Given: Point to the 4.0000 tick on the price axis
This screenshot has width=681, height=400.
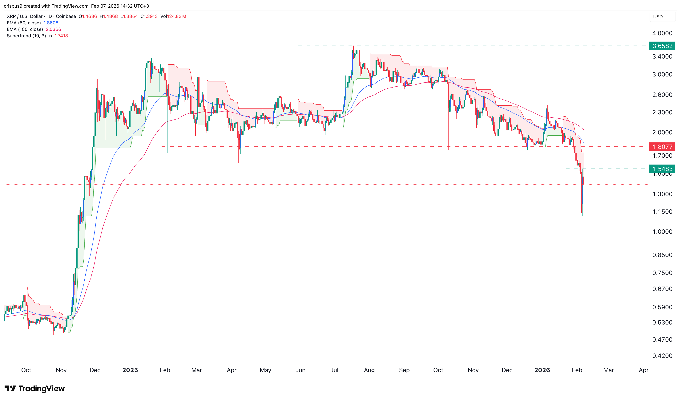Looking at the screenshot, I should click(662, 33).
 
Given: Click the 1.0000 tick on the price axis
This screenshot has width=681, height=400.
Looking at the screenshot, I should click(662, 232).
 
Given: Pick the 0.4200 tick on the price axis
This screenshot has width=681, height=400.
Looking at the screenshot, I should click(662, 356).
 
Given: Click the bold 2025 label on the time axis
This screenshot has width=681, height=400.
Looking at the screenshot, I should click(130, 370).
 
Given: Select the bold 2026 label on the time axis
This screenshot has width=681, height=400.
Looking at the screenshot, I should click(542, 370).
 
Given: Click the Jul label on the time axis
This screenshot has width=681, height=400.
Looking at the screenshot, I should click(334, 370).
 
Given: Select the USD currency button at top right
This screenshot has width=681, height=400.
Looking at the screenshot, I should click(658, 17).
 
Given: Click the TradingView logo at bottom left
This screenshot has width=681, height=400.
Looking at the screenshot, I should click(35, 389).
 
